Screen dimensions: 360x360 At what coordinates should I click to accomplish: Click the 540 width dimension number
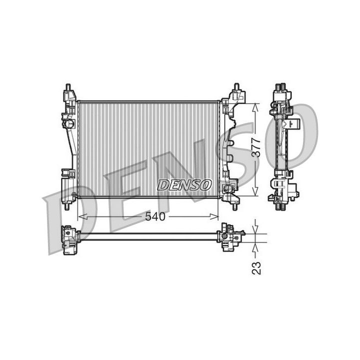(x=154, y=216)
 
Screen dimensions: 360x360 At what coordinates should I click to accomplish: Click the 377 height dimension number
(x=256, y=147)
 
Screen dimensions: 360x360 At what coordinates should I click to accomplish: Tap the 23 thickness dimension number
(x=256, y=268)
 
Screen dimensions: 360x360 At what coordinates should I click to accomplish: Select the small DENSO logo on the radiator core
(x=184, y=185)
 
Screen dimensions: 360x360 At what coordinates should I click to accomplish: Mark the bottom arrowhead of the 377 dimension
(x=255, y=192)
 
